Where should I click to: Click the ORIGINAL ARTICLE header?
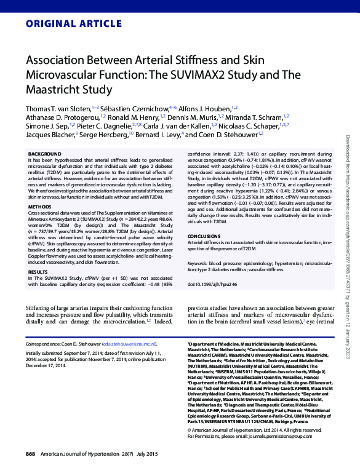point(66,25)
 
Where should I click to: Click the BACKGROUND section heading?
point(45,154)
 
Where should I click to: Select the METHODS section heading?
point(40,207)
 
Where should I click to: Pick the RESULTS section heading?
point(38,271)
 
